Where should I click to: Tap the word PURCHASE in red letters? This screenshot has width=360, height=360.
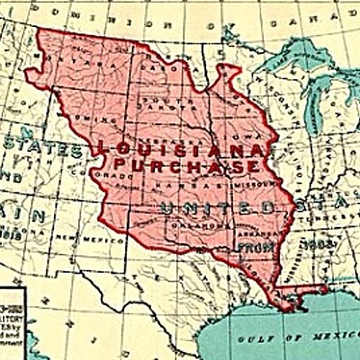pyautogui.click(x=184, y=166)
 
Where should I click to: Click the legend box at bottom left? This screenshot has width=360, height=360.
pyautogui.click(x=13, y=310)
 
